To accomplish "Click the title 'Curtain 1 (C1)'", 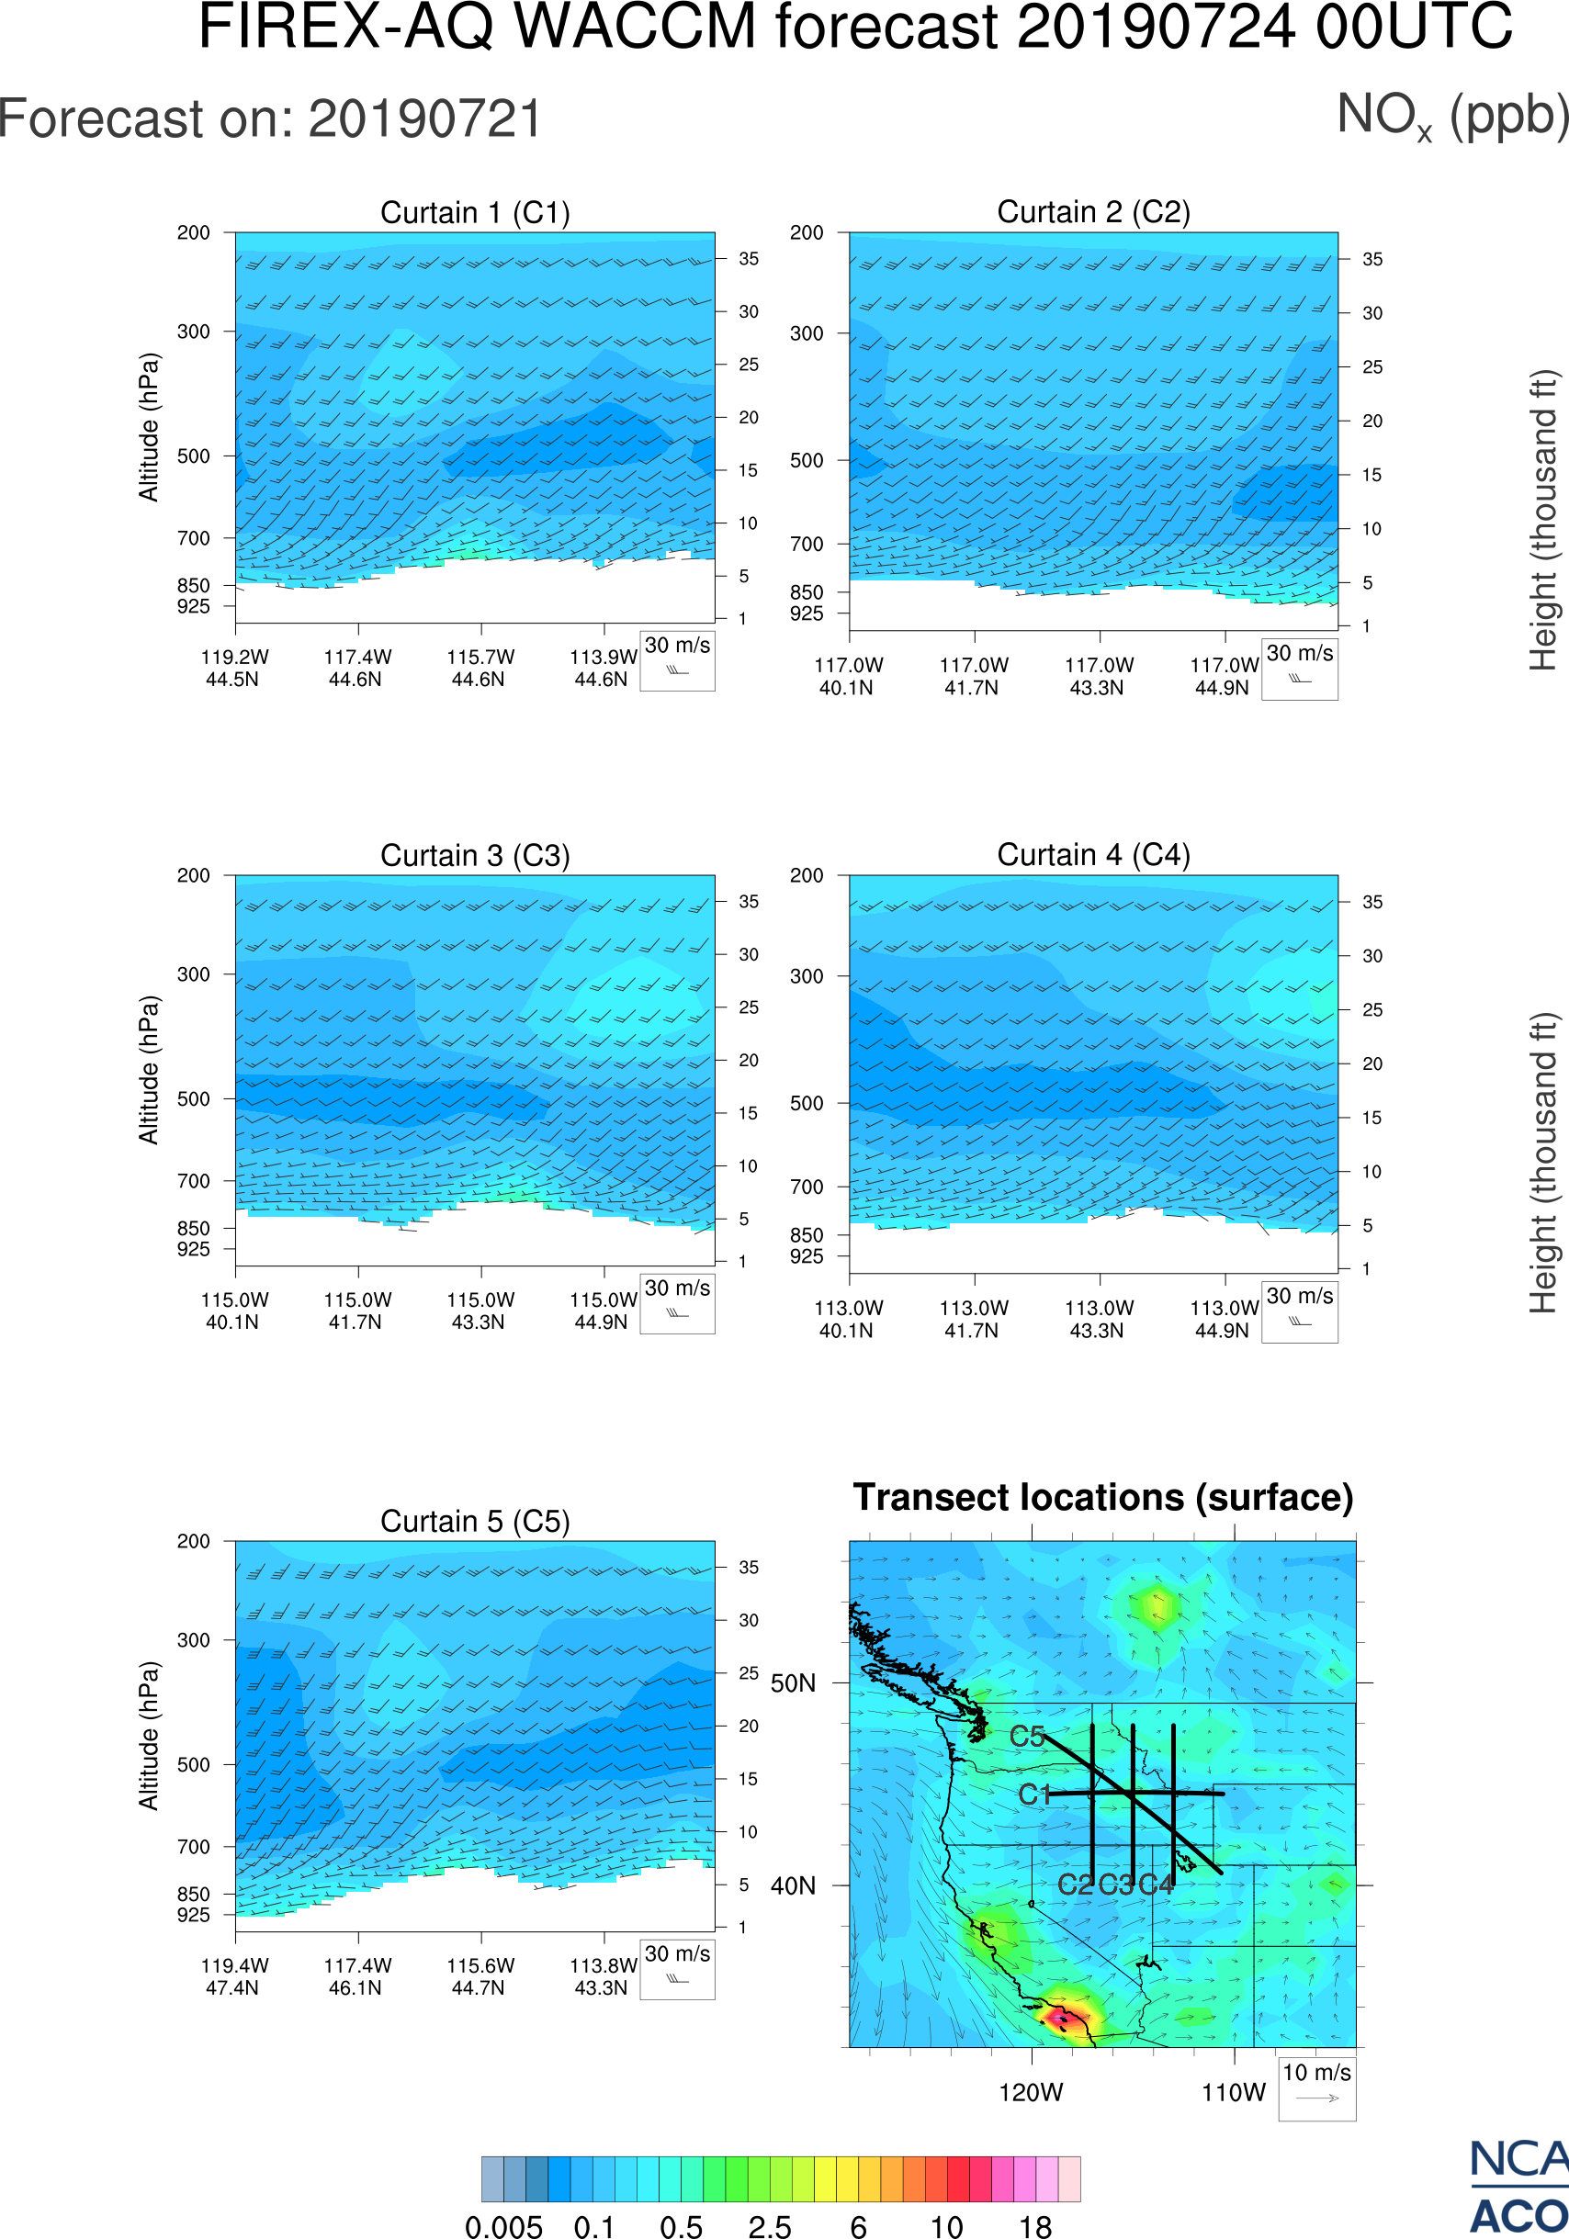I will tap(475, 212).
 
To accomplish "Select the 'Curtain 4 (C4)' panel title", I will tap(1093, 855).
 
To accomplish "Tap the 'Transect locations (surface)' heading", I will tap(1103, 1497).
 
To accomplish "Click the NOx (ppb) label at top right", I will tap(1452, 117).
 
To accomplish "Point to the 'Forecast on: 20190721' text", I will tap(270, 119).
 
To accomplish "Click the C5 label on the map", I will tap(1027, 1736).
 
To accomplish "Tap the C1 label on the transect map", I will tap(1033, 1795).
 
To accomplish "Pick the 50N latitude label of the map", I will tap(793, 1683).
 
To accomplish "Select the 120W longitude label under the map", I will tap(1031, 2093).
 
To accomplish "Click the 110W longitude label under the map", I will tap(1234, 2093).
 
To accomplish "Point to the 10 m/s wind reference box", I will tap(1316, 2087).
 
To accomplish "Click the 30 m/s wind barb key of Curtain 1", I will tap(677, 659).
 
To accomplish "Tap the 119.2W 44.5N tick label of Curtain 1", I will tap(234, 668).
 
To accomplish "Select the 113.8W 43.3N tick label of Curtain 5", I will tap(603, 1976).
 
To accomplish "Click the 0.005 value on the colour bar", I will tap(503, 2225).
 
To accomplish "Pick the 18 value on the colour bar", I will tap(1034, 2225).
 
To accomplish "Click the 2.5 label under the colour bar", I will tap(770, 2225).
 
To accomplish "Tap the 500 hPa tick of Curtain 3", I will tap(193, 1099).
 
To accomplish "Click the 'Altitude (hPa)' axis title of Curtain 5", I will tap(148, 1736).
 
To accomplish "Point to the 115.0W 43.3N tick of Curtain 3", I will tap(480, 1311).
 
